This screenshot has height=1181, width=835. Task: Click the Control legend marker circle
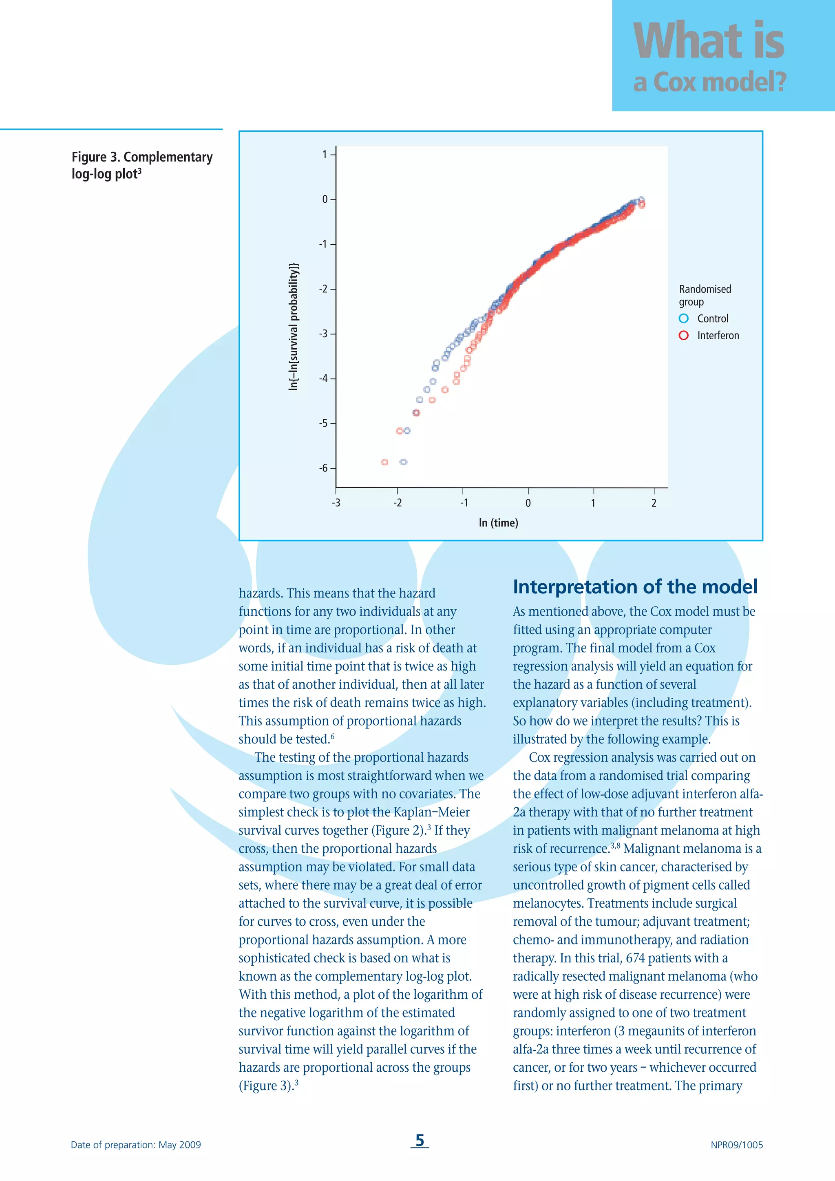pyautogui.click(x=683, y=318)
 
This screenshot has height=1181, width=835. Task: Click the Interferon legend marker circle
pyautogui.click(x=683, y=335)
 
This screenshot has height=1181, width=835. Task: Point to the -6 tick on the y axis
pyautogui.click(x=323, y=468)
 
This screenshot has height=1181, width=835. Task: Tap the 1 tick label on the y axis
pyautogui.click(x=325, y=154)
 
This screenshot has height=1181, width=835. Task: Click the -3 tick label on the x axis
pyautogui.click(x=336, y=503)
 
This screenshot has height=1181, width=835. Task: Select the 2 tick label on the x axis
pyautogui.click(x=654, y=503)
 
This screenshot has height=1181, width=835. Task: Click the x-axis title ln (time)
pyautogui.click(x=498, y=523)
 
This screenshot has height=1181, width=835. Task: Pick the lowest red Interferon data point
pyautogui.click(x=384, y=462)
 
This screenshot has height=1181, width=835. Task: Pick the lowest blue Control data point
pyautogui.click(x=404, y=462)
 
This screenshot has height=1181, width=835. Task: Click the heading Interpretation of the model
pyautogui.click(x=635, y=586)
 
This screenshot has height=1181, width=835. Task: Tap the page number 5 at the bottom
pyautogui.click(x=420, y=1140)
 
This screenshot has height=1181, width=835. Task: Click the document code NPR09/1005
pyautogui.click(x=736, y=1145)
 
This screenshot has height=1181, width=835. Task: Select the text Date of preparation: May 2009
pyautogui.click(x=136, y=1145)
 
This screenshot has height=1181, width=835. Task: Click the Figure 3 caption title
pyautogui.click(x=142, y=165)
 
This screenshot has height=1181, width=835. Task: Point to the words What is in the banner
pyautogui.click(x=709, y=41)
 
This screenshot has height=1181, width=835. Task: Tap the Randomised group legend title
pyautogui.click(x=705, y=295)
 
